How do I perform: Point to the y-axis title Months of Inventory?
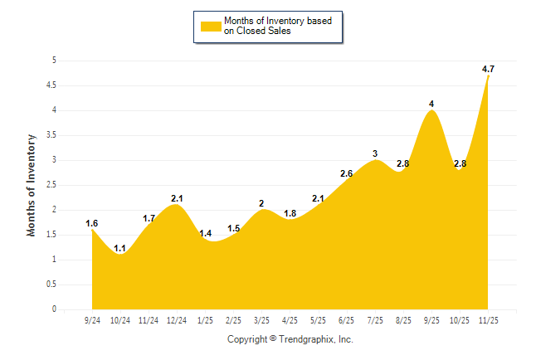32,185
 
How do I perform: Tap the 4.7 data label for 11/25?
489,69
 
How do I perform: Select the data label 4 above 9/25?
431,104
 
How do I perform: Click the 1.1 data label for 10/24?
120,248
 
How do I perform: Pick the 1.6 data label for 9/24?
92,223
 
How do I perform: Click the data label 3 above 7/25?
375,153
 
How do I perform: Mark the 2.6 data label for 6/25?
347,173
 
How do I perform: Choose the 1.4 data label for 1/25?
206,234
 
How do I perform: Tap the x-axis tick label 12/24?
177,320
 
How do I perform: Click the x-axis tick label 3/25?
262,320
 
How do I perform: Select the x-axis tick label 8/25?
403,320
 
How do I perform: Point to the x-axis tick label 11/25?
489,320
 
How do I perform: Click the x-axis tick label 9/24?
92,320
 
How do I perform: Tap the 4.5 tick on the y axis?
51,85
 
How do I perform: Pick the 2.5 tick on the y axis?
51,185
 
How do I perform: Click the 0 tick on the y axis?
54,309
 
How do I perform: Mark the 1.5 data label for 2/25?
234,229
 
